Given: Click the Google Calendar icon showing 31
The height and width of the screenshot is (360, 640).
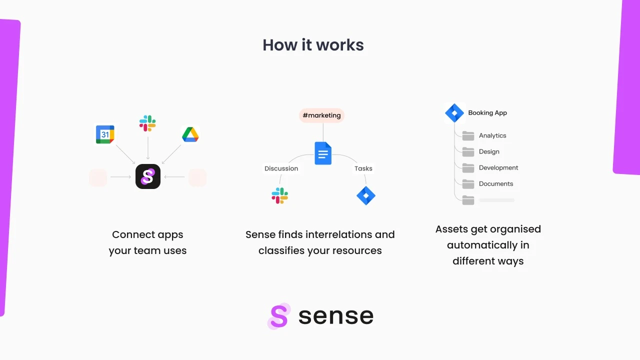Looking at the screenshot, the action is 105,134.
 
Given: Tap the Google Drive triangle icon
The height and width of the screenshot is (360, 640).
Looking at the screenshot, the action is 190,134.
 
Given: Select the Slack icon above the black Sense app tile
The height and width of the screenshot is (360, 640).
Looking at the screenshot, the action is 147,123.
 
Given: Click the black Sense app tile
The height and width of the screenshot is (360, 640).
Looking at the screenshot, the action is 148,176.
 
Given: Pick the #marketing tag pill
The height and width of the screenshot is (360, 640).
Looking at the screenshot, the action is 321,115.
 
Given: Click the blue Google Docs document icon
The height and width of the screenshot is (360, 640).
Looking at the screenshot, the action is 323,153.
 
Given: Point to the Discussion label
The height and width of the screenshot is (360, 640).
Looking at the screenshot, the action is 281,168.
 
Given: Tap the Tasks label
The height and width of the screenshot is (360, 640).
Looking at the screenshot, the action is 363,168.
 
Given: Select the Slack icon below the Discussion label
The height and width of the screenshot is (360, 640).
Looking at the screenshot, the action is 279,195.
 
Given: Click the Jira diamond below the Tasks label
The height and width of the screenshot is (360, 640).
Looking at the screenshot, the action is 366,195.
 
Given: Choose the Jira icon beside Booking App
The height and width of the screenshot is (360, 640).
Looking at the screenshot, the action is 454,113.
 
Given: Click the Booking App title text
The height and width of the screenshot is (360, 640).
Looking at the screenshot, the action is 487,113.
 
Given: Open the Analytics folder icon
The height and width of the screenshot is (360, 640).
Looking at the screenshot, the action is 468,135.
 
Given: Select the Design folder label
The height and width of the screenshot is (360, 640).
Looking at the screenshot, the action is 489,151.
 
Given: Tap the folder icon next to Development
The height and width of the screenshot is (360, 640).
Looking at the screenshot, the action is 468,168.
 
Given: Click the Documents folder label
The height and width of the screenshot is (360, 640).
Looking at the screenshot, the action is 496,183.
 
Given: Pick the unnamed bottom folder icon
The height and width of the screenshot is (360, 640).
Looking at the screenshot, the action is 468,200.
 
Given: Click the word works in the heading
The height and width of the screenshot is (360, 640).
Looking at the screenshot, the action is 339,45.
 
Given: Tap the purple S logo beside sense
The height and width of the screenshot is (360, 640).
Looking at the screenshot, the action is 279,316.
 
